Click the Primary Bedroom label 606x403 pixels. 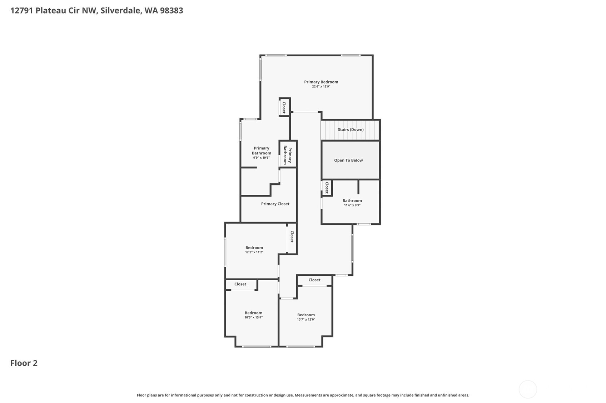click(x=321, y=82)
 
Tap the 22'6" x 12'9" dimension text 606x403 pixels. click(x=321, y=87)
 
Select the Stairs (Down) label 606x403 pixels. click(x=351, y=129)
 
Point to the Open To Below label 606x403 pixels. click(x=348, y=160)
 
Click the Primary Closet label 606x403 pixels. click(x=275, y=204)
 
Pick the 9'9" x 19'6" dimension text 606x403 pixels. click(x=262, y=158)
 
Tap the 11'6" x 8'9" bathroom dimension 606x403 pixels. click(x=352, y=205)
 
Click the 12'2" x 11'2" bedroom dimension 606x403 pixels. click(x=254, y=252)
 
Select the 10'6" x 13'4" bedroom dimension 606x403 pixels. click(x=253, y=318)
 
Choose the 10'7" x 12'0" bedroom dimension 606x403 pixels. click(x=306, y=320)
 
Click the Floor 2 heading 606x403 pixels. click(x=24, y=363)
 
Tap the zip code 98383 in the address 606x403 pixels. click(x=172, y=10)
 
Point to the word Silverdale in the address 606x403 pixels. click(x=120, y=10)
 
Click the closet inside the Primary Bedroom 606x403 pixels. click(x=284, y=107)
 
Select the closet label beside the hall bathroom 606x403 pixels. click(x=327, y=188)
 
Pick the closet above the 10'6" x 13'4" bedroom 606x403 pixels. click(x=240, y=284)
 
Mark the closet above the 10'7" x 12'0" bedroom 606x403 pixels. click(x=314, y=280)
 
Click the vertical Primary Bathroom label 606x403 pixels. click(x=287, y=155)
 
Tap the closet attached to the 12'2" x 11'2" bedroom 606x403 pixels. click(x=292, y=236)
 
